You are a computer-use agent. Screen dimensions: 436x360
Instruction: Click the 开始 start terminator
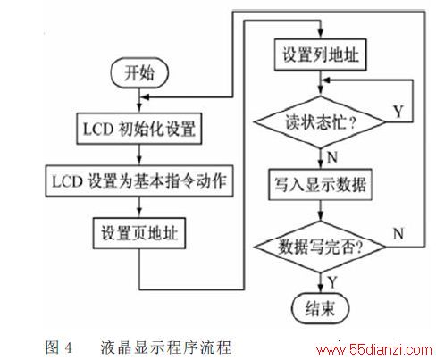[x=139, y=73]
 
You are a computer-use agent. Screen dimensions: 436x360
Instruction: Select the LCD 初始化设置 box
[x=139, y=129]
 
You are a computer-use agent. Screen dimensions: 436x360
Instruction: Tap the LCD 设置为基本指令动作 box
[x=139, y=181]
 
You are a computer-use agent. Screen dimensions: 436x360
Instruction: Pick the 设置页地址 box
[x=139, y=233]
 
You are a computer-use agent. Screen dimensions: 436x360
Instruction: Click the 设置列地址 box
[x=320, y=54]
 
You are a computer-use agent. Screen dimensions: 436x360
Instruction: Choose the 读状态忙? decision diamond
[x=320, y=122]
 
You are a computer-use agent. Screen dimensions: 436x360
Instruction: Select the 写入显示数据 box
[x=320, y=184]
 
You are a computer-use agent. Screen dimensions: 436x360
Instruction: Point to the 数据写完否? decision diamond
[x=320, y=247]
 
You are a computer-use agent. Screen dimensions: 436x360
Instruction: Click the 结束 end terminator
[x=320, y=308]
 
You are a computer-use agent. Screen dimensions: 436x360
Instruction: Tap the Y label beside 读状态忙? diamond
[x=398, y=112]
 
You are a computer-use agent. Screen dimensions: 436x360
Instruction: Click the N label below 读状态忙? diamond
[x=332, y=157]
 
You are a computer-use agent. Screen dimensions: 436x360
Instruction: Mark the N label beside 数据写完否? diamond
[x=398, y=234]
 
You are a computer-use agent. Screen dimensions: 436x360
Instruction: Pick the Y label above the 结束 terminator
[x=332, y=281]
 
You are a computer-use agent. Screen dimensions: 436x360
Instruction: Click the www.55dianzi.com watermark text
[x=374, y=349]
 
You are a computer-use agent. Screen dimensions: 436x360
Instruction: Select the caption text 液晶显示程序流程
[x=165, y=347]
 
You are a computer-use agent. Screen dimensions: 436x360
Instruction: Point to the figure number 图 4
[x=59, y=347]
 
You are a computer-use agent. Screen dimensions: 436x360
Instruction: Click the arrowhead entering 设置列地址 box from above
[x=320, y=34]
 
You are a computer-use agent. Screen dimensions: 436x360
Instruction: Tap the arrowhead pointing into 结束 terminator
[x=320, y=289]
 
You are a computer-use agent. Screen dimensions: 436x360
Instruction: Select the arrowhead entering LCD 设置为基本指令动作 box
[x=139, y=161]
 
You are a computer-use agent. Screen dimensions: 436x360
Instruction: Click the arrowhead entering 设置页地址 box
[x=139, y=213]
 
